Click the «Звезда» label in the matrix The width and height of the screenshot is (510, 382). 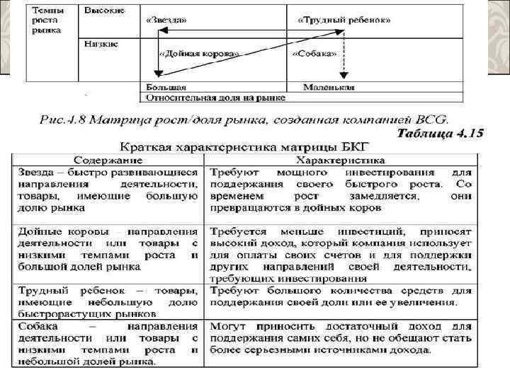coord(167,20)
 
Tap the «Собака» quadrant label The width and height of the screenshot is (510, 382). coord(314,53)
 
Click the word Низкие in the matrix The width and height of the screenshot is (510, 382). coord(101,43)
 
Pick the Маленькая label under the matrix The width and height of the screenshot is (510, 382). coord(329,87)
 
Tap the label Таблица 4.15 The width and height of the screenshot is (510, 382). coord(440,133)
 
